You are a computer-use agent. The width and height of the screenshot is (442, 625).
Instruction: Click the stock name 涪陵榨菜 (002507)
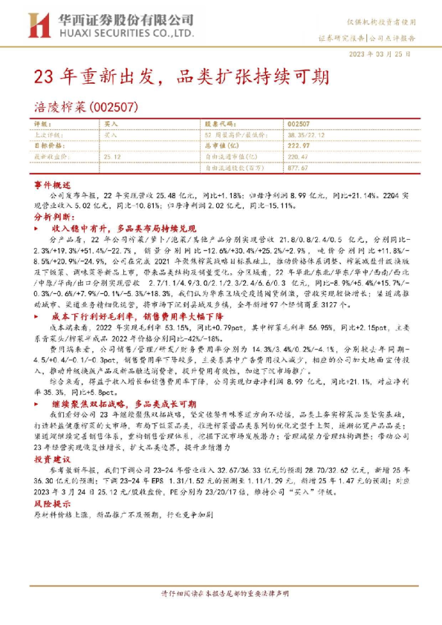point(86,107)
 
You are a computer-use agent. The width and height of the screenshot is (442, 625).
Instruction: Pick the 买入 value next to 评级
point(111,124)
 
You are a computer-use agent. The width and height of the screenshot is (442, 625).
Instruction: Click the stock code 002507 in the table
point(298,124)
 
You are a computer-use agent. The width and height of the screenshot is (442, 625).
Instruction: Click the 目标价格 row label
point(51,146)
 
